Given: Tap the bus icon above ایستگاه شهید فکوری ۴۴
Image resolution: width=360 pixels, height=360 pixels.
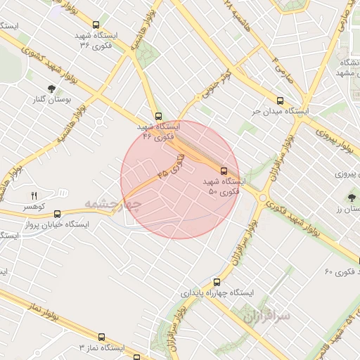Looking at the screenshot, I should click(157, 117).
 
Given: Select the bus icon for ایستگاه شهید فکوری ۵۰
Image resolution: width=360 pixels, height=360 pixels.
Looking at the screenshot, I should click(224, 171).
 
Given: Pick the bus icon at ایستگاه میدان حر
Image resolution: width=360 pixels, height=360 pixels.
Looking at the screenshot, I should click(281, 101).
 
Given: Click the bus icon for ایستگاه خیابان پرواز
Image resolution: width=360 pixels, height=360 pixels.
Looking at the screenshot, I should click(57, 214).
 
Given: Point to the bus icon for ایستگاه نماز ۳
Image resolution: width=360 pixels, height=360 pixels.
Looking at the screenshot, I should click(101, 337).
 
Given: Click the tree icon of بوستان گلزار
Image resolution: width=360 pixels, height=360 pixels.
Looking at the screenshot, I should click(51, 89).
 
